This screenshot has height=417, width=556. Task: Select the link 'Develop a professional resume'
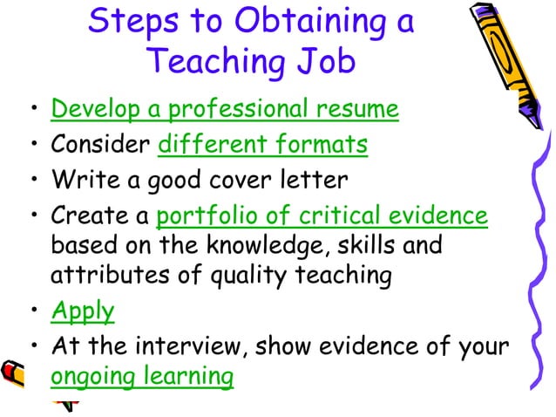[x=225, y=110]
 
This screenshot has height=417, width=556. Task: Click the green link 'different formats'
[x=262, y=145]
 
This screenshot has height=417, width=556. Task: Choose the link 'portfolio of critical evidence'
[x=322, y=215]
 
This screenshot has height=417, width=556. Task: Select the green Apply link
[x=83, y=311]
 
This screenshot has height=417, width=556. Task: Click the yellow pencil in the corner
[x=514, y=52]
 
